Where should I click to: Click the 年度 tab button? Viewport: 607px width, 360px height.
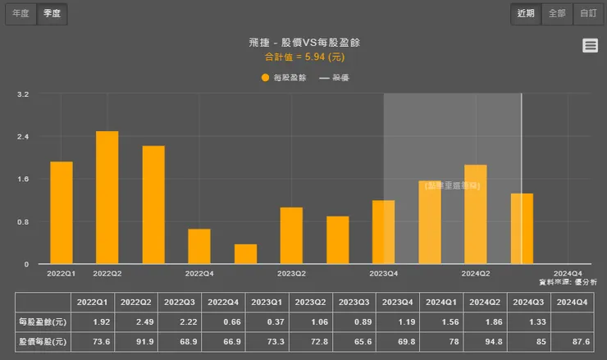coord(21,13)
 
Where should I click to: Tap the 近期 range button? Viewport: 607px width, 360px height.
coord(526,13)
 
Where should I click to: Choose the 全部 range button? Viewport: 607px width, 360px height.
coord(557,13)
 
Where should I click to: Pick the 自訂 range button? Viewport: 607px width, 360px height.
coord(587,13)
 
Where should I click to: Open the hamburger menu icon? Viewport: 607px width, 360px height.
coord(590,46)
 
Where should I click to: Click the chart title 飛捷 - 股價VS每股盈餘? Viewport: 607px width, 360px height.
coord(303,42)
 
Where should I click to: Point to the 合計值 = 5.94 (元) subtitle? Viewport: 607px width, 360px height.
coord(303,57)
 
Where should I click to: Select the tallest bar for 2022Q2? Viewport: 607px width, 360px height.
coord(107,197)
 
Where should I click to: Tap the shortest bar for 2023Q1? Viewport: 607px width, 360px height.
coord(245,254)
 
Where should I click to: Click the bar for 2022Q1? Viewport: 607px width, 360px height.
coord(62,212)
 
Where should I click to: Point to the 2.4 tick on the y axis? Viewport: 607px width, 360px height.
coord(23,137)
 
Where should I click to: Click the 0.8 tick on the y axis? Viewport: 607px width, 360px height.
coord(23,222)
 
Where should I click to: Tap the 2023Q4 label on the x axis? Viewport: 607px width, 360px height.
coord(384,274)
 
